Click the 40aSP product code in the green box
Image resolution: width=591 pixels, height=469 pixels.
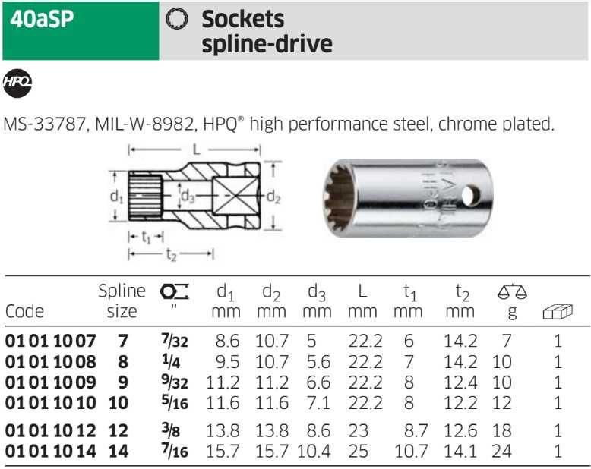click(42, 19)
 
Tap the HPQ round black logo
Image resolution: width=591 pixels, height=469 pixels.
click(17, 83)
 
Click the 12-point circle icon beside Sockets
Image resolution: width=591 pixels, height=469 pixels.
click(177, 19)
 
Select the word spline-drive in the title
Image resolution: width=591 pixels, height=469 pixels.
click(267, 44)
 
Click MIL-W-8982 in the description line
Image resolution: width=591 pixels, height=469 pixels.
click(144, 124)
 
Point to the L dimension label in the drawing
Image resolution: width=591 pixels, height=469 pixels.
click(196, 150)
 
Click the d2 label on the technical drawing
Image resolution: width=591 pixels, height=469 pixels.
click(273, 197)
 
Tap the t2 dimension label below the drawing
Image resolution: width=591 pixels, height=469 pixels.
click(171, 254)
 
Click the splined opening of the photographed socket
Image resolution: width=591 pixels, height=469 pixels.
click(340, 197)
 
